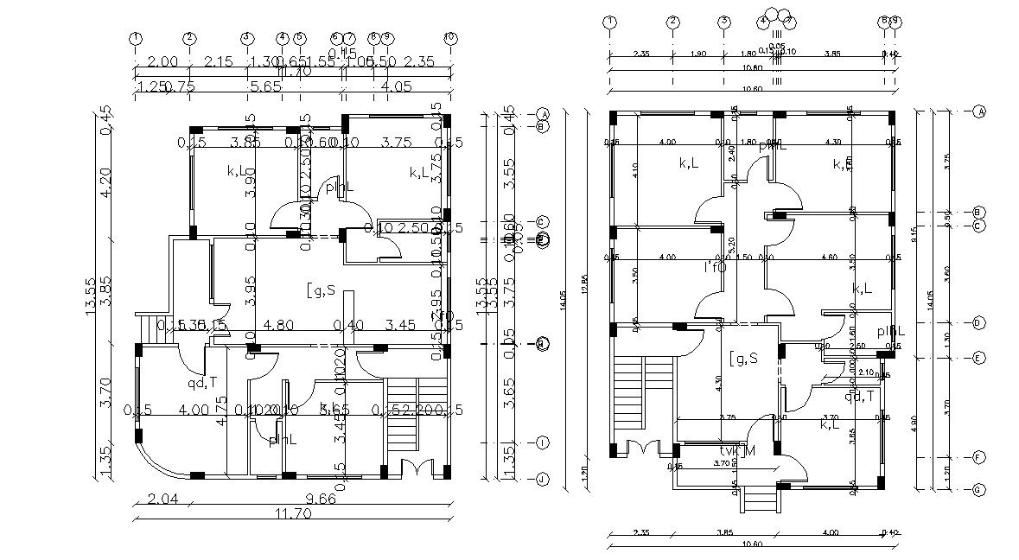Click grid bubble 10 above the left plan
(x=449, y=38)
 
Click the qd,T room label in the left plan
(x=203, y=383)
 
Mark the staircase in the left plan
(x=404, y=413)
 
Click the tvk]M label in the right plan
(x=736, y=451)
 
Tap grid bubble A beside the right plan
(x=979, y=111)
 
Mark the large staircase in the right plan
(x=629, y=393)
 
